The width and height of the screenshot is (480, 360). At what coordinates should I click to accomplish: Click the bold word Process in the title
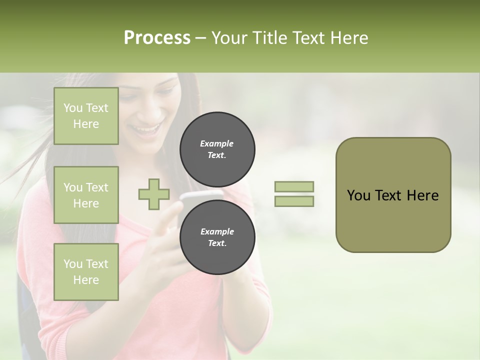(157, 37)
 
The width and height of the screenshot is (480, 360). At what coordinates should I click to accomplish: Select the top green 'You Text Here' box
(86, 116)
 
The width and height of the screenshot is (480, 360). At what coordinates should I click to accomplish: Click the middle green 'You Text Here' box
(86, 195)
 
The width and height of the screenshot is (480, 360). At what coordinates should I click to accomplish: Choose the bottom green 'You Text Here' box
(86, 272)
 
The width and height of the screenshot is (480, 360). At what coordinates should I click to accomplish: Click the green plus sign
(154, 194)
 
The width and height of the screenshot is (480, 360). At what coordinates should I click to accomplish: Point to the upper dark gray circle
(217, 149)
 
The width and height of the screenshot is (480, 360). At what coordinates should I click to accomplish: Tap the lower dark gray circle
(217, 237)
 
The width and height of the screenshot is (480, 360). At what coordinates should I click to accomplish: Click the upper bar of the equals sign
(294, 187)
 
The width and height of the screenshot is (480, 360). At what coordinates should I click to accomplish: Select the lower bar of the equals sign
(294, 201)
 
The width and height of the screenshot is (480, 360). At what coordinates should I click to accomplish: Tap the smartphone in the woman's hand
(200, 195)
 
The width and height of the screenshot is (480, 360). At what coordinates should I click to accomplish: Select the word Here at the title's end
(349, 37)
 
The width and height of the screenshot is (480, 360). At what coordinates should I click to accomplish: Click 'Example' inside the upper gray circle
(217, 143)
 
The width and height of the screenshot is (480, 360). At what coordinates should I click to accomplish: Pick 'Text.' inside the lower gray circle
(217, 243)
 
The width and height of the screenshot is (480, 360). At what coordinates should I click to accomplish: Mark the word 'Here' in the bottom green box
(86, 280)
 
